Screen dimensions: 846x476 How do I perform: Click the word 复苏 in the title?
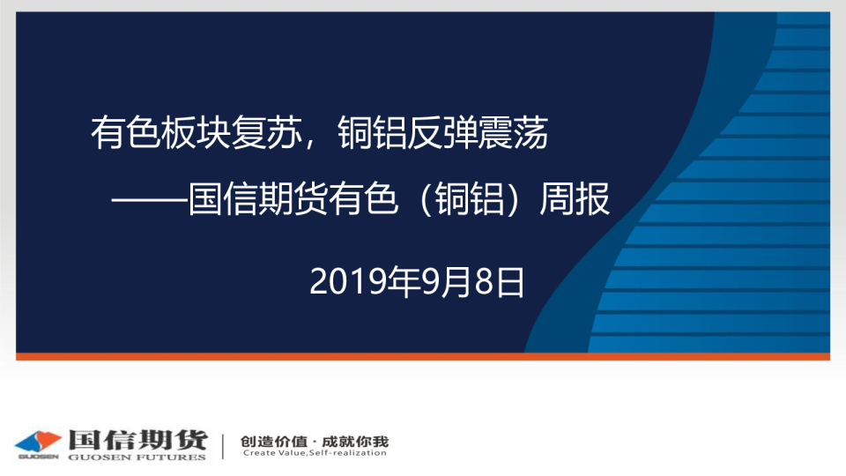[266, 133]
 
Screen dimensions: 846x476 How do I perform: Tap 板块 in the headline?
[197, 133]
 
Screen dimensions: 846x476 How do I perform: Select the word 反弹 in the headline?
[442, 133]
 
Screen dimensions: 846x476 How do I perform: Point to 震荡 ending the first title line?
[513, 133]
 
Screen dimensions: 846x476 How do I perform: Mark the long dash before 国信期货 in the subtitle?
[150, 200]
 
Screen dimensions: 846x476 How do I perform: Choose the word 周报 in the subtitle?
[575, 199]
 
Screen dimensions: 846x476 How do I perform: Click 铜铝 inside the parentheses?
[471, 199]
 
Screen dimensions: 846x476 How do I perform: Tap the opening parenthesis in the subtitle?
[426, 199]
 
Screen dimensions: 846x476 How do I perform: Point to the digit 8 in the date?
[484, 282]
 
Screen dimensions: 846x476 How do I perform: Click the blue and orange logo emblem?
[38, 443]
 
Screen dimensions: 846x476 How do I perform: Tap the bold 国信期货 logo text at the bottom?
[138, 440]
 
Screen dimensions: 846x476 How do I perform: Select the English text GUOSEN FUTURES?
[137, 457]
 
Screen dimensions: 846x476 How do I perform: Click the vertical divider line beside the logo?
[223, 446]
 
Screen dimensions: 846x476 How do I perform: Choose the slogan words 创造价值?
[274, 442]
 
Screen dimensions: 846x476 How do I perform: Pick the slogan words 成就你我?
[355, 442]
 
